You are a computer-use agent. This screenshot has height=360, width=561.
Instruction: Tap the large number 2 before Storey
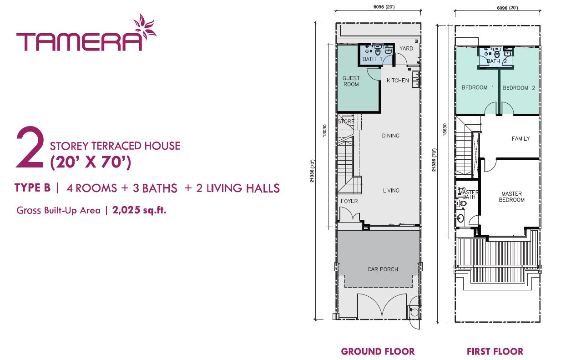pos(30,147)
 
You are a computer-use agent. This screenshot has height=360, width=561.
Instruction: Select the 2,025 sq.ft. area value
pos(139,210)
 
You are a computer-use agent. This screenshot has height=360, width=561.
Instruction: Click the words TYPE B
pos(33,188)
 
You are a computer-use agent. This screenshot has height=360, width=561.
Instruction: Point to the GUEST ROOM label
pos(351,81)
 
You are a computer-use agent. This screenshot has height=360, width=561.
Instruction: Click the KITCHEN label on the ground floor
pos(398,81)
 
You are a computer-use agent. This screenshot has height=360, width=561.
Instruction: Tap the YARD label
pos(406,48)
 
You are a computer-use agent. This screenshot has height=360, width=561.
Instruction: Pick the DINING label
pos(391,136)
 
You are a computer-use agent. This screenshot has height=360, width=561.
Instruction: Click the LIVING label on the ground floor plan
pos(391,190)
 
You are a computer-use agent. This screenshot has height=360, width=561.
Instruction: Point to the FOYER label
pos(349,201)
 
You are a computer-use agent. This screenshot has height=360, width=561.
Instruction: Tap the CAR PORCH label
pos(383,269)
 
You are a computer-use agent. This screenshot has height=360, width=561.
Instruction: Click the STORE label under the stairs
pos(346,121)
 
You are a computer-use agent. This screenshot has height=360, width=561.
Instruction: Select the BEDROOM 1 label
pos(478,87)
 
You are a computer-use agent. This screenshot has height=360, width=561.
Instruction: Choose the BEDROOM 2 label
pos(519,88)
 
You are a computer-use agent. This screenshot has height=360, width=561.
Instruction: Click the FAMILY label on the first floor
pos(521,138)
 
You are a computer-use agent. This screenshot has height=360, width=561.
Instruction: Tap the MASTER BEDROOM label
pos(512,197)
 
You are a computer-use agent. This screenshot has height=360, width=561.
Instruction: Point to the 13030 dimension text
pos(324,131)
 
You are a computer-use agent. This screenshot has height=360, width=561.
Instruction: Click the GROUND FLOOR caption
pos(378,351)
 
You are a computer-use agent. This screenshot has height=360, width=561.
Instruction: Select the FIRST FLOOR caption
pos(495,351)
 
